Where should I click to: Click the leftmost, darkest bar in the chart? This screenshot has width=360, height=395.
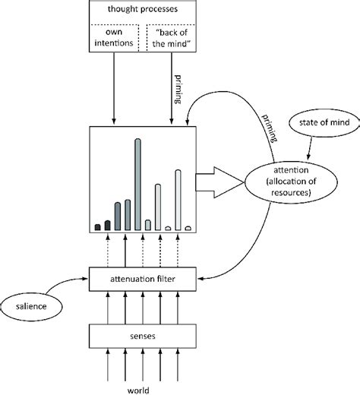(97, 226)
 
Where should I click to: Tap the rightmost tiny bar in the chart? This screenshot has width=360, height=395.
(188, 227)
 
